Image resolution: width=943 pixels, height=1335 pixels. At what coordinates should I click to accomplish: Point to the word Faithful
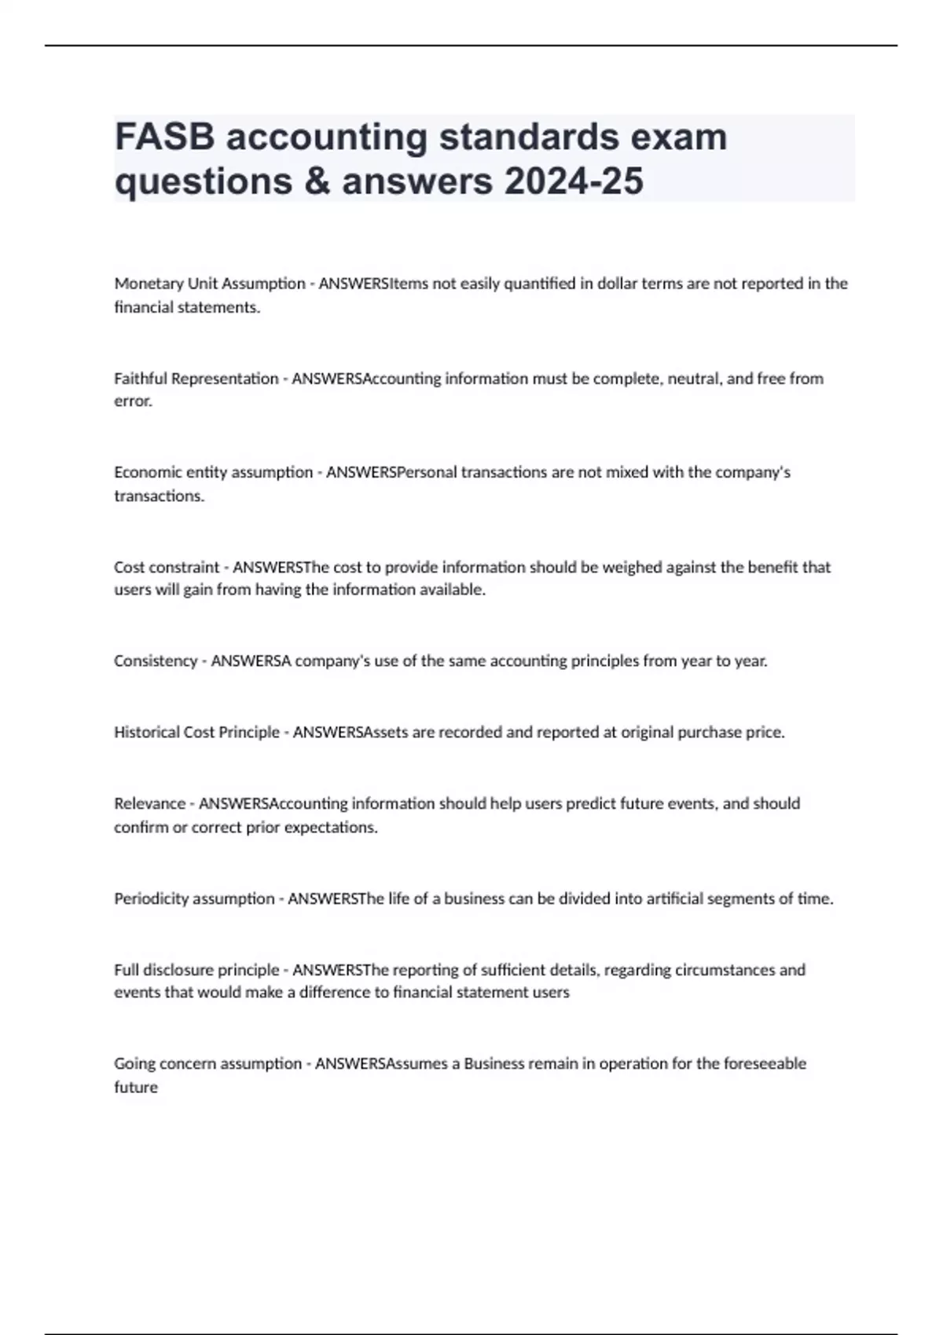pos(141,379)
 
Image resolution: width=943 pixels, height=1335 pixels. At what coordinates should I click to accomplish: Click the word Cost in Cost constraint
pos(128,567)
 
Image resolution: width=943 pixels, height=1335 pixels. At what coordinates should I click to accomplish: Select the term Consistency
pos(156,661)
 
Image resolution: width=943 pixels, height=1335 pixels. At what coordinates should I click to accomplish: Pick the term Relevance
pos(149,803)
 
